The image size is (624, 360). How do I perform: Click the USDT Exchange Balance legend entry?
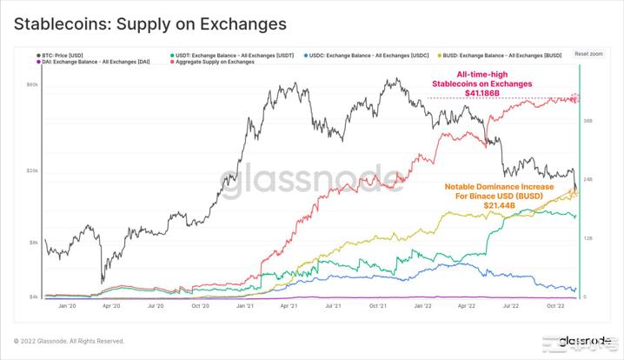tap(229, 55)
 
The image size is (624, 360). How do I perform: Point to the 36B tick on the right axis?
tap(587, 121)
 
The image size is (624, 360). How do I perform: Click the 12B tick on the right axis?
tap(587, 238)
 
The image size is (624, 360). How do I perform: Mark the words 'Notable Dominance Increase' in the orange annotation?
tap(494, 186)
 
